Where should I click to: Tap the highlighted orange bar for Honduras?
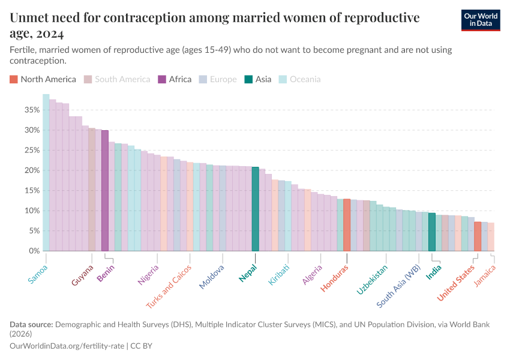click(347, 225)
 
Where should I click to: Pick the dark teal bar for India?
click(432, 232)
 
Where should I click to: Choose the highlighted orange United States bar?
click(478, 236)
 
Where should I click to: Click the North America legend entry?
click(43, 79)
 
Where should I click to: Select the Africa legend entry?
click(175, 79)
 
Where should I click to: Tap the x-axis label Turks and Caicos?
click(170, 286)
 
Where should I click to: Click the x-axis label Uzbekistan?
click(373, 280)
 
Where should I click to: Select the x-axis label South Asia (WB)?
click(399, 287)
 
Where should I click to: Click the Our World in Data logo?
click(481, 20)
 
